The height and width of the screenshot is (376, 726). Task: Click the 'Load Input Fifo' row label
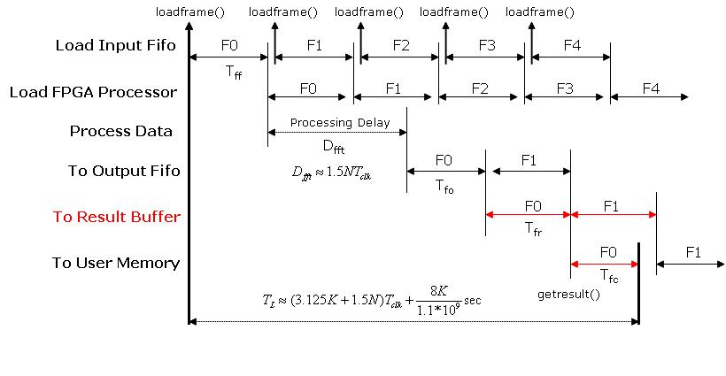tap(116, 45)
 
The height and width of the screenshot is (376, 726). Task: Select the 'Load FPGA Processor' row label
tap(93, 91)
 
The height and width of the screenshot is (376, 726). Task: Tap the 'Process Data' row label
tap(121, 131)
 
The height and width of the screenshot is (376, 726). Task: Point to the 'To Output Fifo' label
tap(124, 171)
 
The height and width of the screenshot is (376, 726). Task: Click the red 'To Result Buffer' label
tap(116, 217)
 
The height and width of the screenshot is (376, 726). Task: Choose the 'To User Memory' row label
tap(115, 263)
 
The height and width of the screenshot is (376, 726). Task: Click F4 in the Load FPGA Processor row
tap(651, 88)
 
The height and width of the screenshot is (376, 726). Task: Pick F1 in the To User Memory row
tap(693, 252)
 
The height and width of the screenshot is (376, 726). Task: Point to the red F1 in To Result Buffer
tap(612, 205)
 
